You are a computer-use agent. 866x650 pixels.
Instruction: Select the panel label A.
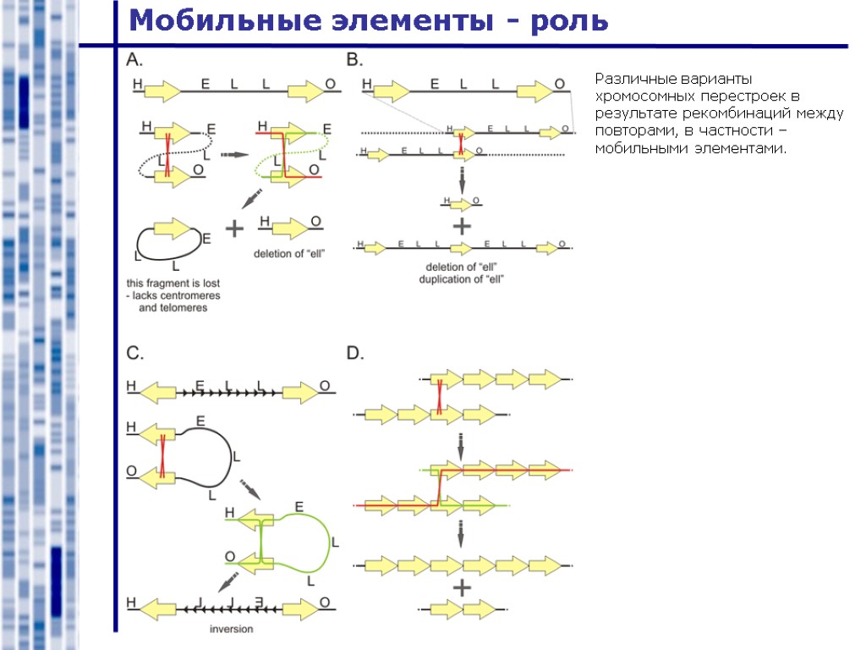(135, 59)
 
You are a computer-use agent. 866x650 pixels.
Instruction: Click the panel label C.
(135, 353)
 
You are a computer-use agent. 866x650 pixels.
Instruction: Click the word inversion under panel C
(232, 629)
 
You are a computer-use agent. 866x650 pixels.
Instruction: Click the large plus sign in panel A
(234, 229)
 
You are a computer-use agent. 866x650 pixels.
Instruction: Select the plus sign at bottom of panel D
(462, 587)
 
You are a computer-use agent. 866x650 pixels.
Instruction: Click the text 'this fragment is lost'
(173, 283)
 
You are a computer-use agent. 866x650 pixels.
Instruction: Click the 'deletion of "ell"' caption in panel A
(290, 253)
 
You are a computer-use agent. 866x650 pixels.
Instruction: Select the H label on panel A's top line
(138, 84)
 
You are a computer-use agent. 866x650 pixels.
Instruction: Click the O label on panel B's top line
(559, 84)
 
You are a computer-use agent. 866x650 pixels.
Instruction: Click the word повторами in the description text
(627, 131)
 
